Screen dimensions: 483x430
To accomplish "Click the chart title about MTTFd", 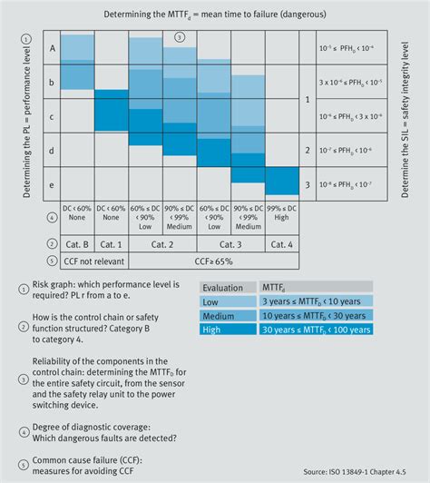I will [214, 15].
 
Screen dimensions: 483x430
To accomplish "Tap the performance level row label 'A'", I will [53, 49].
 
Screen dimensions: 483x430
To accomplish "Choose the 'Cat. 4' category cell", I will [282, 244].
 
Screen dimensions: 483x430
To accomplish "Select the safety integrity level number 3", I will [308, 183].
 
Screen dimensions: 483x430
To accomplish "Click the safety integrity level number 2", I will [308, 150].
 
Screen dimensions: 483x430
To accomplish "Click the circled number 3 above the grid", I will [180, 36].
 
